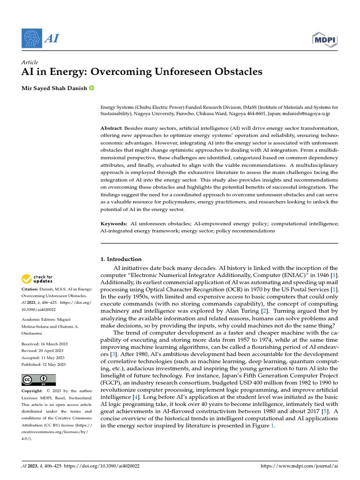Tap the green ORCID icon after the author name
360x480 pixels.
pos(91,88)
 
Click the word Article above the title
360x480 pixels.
pos(30,62)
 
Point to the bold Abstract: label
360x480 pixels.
pos(112,128)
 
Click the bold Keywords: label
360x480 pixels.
pos(114,224)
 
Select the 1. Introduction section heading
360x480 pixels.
pos(121,259)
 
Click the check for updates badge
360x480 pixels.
pos(37,279)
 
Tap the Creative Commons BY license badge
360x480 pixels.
pos(38,380)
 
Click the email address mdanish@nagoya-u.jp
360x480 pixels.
pos(308,113)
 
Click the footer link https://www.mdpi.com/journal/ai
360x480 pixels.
pos(299,466)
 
